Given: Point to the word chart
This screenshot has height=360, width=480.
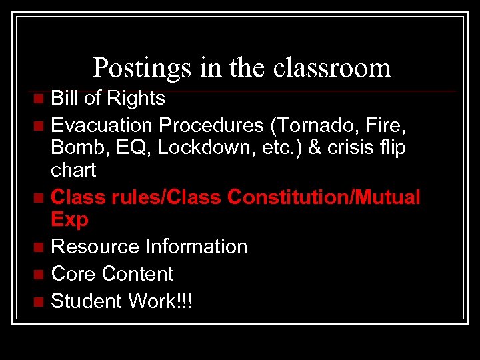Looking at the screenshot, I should click(73, 171).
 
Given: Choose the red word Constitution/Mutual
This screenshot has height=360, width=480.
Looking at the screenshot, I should click(324, 197).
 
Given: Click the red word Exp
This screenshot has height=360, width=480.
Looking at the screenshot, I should click(69, 219).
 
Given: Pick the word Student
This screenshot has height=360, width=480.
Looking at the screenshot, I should click(87, 301).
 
